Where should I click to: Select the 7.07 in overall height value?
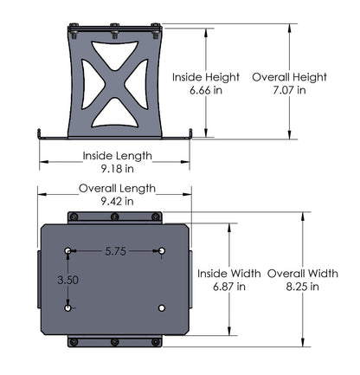[289, 90]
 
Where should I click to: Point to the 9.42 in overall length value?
[117, 200]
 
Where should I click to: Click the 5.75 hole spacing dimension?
[116, 251]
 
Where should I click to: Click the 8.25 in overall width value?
[303, 285]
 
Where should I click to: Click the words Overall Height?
[289, 77]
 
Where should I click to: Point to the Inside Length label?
[117, 156]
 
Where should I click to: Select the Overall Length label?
[117, 188]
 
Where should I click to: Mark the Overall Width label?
[303, 273]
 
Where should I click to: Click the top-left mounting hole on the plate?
[67, 251]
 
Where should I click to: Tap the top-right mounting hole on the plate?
[162, 251]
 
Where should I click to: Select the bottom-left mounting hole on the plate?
[67, 307]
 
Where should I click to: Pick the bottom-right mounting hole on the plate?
[162, 307]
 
